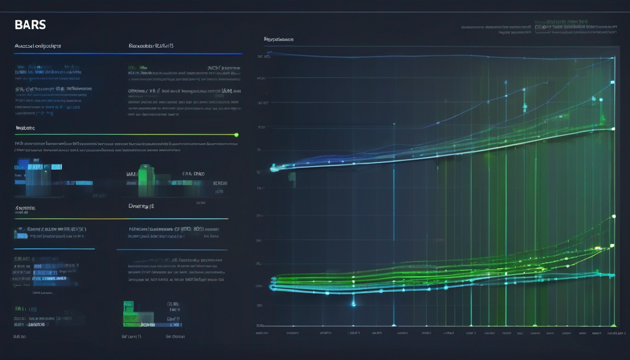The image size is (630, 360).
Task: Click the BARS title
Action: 30,25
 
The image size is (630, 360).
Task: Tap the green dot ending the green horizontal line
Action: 236,135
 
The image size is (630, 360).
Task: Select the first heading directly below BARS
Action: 37,46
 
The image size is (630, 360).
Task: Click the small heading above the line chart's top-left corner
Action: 278,40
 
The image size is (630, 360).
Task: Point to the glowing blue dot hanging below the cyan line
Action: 353,304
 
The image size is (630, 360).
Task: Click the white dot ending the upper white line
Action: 613,129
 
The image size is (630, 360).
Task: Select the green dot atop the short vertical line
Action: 394,125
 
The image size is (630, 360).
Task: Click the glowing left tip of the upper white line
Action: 273,167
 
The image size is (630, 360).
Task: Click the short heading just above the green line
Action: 25,128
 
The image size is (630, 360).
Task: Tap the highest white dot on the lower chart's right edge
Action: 614,217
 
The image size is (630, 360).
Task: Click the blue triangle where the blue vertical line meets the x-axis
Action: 394,324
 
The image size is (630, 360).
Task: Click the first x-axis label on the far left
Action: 262,333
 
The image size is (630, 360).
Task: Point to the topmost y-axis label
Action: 263,57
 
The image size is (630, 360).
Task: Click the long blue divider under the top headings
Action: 128,54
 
